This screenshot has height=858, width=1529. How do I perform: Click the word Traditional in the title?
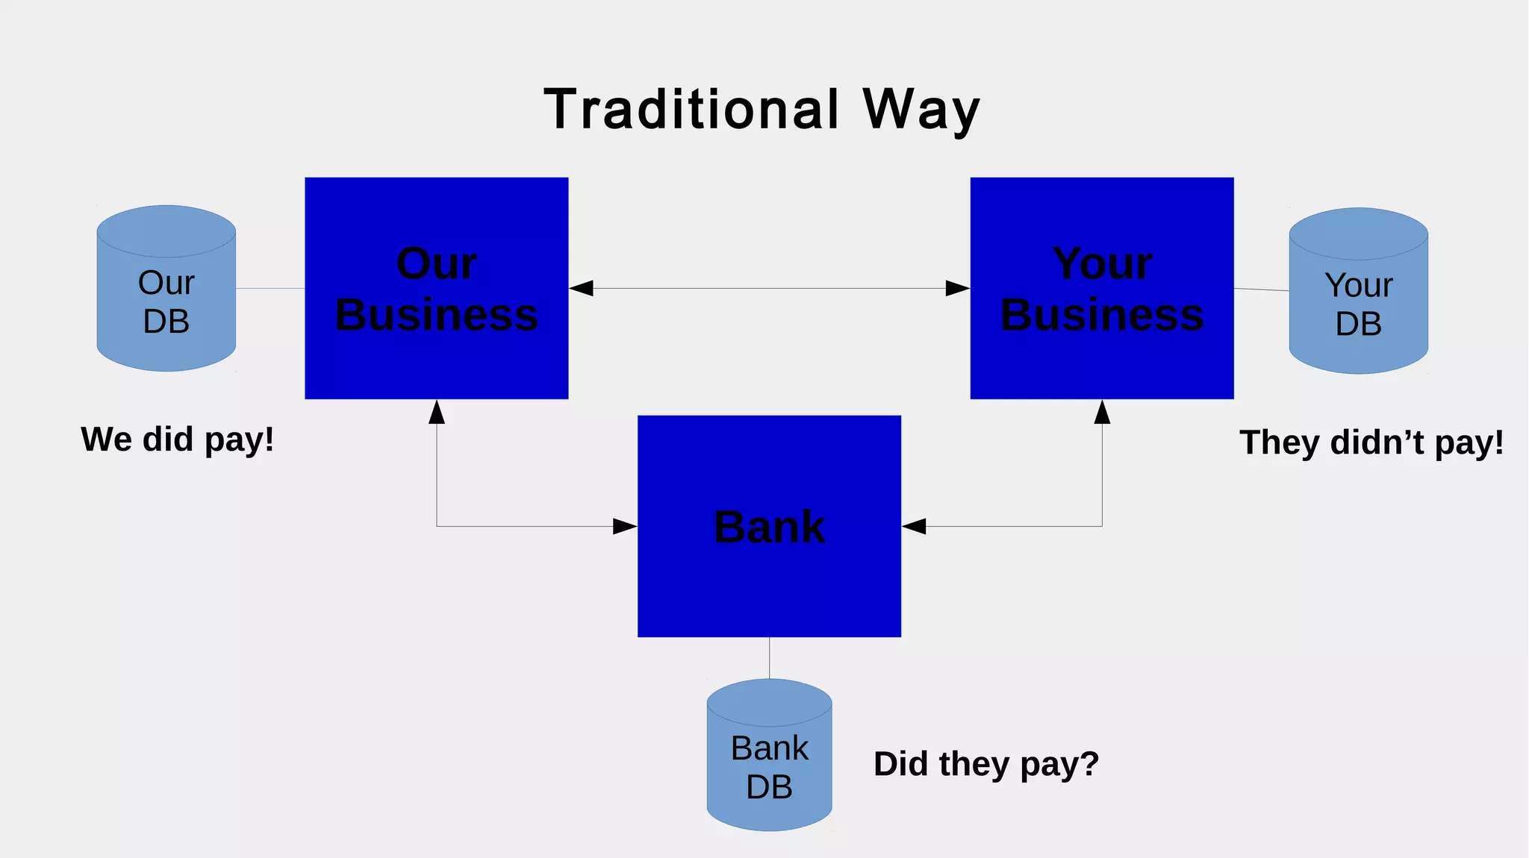coord(691,110)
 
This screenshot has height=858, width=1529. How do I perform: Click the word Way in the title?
coord(921,110)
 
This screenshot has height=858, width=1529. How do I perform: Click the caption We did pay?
coord(178,439)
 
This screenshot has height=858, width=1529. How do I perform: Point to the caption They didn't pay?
coord(1371,442)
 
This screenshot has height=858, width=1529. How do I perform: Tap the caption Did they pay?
coord(986,764)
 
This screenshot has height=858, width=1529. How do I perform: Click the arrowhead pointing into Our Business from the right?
coord(582,288)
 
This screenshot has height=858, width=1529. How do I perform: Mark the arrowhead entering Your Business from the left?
coord(957,288)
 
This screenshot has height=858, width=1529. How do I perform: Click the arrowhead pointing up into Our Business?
coord(437,412)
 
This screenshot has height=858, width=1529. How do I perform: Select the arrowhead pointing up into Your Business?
coord(1102,412)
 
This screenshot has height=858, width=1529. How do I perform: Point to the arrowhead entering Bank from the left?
coord(625,527)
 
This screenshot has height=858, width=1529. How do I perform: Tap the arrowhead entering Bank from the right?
coord(914,527)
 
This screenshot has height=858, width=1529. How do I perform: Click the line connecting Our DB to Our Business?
coord(270,288)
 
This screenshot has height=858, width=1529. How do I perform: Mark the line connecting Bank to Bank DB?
coord(769,657)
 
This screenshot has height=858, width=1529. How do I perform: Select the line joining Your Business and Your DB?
coord(1262,289)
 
